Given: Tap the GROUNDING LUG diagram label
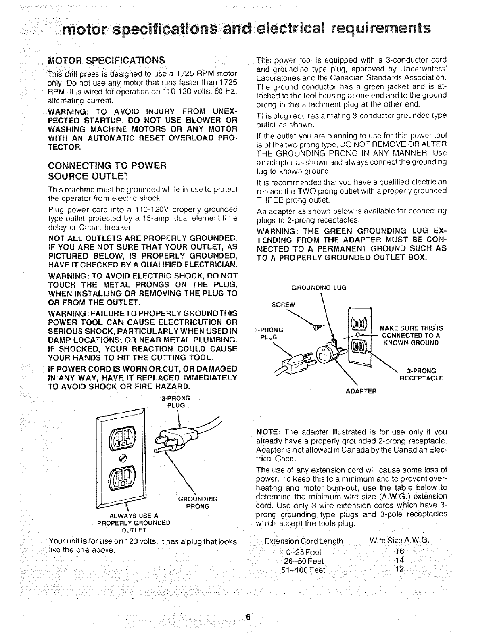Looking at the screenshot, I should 318,288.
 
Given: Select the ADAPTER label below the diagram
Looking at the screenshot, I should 361,391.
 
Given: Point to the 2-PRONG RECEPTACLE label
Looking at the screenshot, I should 421,374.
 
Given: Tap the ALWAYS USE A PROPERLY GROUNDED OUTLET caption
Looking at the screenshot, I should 133,523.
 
